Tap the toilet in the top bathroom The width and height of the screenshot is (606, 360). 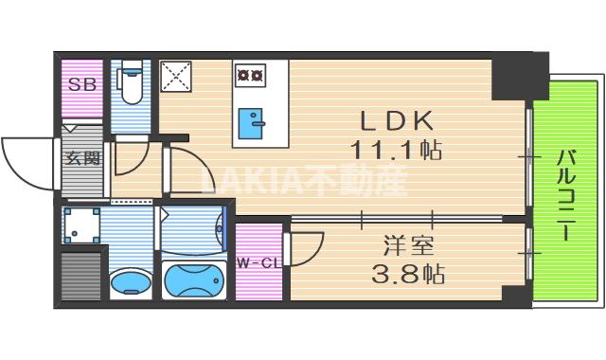[x=131, y=86]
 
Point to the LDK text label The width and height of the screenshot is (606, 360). [x=397, y=121]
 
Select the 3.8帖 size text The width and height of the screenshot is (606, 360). [x=409, y=276]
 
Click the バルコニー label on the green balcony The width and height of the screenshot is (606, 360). [x=565, y=190]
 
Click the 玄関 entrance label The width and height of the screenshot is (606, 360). [x=81, y=158]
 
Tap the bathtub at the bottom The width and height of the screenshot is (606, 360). [x=194, y=279]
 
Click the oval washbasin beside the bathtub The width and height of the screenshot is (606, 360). [x=129, y=281]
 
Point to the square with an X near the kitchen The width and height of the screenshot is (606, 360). [x=174, y=76]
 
